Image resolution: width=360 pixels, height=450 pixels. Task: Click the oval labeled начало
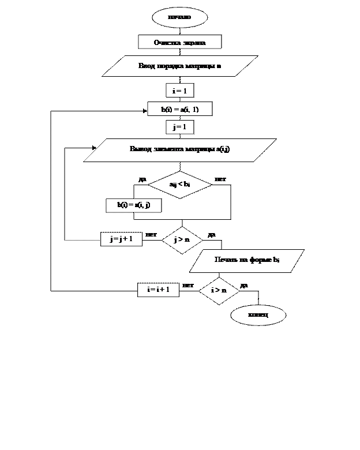coord(179,17)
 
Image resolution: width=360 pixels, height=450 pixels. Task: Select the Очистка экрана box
coord(179,42)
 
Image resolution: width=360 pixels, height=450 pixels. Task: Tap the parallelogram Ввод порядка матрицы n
coord(179,66)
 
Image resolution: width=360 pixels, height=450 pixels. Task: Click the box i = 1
coord(179,91)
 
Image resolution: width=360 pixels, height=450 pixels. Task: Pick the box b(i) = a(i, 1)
coord(179,109)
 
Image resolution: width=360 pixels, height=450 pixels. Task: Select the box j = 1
coord(179,127)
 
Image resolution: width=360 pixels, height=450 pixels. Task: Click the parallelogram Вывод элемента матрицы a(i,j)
coord(179,149)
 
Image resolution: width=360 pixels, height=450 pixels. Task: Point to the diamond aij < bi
coord(179,185)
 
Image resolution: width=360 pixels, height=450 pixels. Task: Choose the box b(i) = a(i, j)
coord(133,205)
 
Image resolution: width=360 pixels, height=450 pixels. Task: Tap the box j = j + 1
coord(121,239)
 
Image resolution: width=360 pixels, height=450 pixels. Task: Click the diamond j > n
coord(182,239)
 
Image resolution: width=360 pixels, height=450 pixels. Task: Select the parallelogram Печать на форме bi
coord(247,260)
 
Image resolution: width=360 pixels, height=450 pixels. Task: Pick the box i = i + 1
coord(158,290)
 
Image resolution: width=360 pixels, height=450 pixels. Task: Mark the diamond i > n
coord(219,290)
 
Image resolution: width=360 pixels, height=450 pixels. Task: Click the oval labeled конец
coord(258,315)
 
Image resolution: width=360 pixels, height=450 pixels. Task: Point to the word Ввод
coord(146,66)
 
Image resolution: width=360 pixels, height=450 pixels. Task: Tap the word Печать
coord(226,260)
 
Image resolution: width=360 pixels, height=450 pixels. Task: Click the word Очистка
coord(166,43)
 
